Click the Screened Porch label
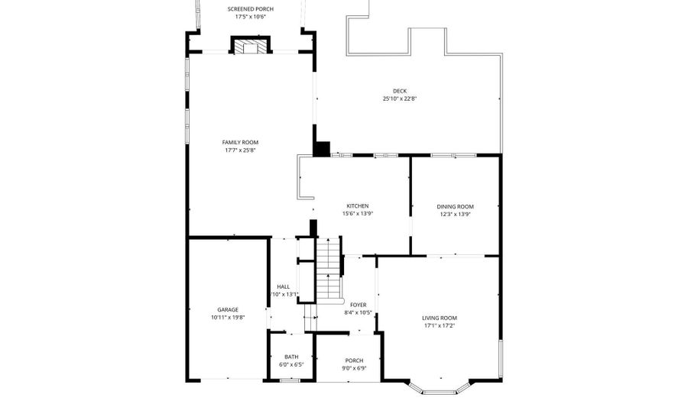[x=250, y=9]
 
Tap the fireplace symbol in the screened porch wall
[x=251, y=47]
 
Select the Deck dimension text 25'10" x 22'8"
[x=399, y=99]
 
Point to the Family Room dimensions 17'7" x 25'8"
[x=240, y=150]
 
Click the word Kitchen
[x=358, y=206]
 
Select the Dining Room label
[x=455, y=207]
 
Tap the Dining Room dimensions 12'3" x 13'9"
[x=455, y=215]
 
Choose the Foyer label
[x=358, y=305]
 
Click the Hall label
[x=283, y=287]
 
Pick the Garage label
[x=227, y=310]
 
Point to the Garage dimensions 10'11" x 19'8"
[x=227, y=318]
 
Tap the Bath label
[x=291, y=357]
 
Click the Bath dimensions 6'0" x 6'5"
[x=291, y=364]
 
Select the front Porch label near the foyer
[x=354, y=360]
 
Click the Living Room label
[x=440, y=318]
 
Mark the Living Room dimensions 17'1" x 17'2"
[x=440, y=325]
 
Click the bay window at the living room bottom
[x=441, y=388]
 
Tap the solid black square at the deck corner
[x=321, y=149]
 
